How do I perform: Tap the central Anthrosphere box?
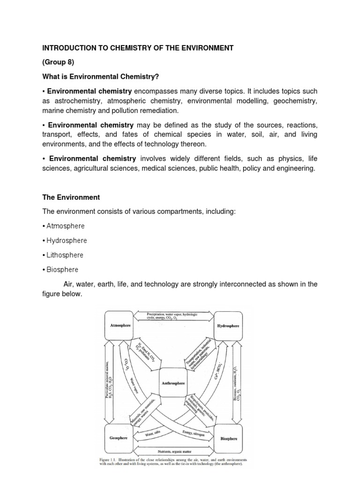pyautogui.click(x=173, y=382)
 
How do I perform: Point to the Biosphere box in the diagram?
pyautogui.click(x=229, y=439)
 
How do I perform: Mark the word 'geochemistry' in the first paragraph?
pyautogui.click(x=293, y=101)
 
